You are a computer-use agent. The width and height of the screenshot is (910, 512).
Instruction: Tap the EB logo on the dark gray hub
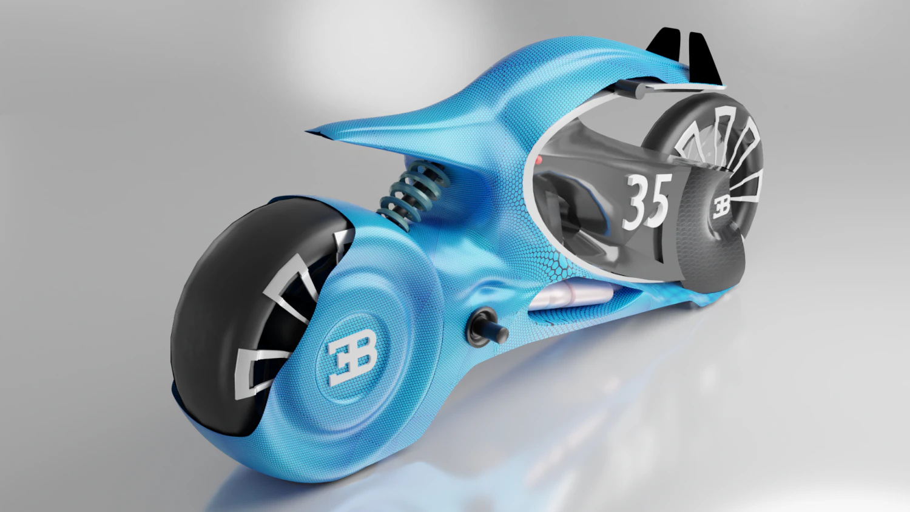coord(722,206)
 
